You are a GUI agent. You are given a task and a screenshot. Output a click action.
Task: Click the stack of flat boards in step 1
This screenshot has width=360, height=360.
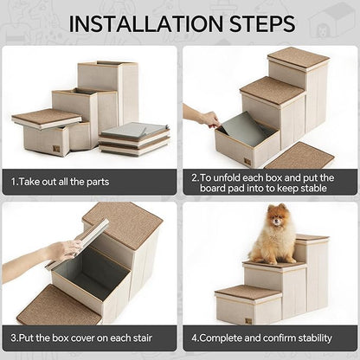133,138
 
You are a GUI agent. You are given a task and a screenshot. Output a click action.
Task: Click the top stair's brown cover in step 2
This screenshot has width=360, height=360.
298,57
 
